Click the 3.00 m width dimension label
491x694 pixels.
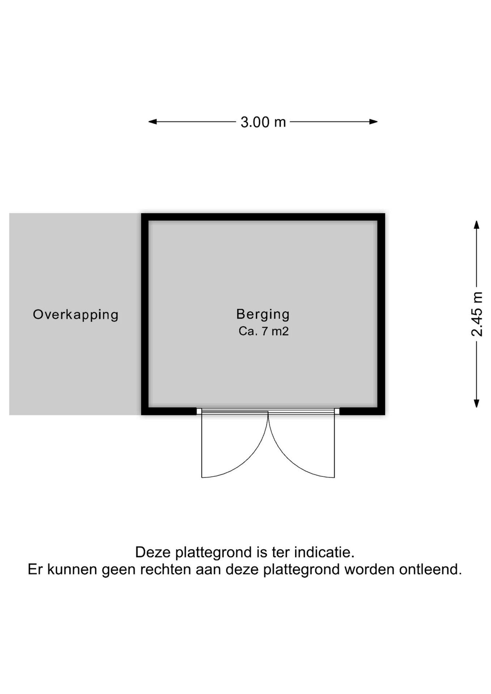pyautogui.click(x=263, y=122)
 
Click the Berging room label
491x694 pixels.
pyautogui.click(x=263, y=314)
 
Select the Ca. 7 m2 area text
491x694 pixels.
pyautogui.click(x=264, y=331)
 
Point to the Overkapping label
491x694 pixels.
pyautogui.click(x=76, y=314)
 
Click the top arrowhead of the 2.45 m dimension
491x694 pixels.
pyautogui.click(x=477, y=224)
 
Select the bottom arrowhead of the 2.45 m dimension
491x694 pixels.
pyautogui.click(x=477, y=403)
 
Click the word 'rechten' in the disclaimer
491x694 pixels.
pyautogui.click(x=165, y=569)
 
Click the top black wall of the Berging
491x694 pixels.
pyautogui.click(x=263, y=217)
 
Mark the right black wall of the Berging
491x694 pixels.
pyautogui.click(x=381, y=314)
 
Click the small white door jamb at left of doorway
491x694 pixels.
pyautogui.click(x=199, y=411)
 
